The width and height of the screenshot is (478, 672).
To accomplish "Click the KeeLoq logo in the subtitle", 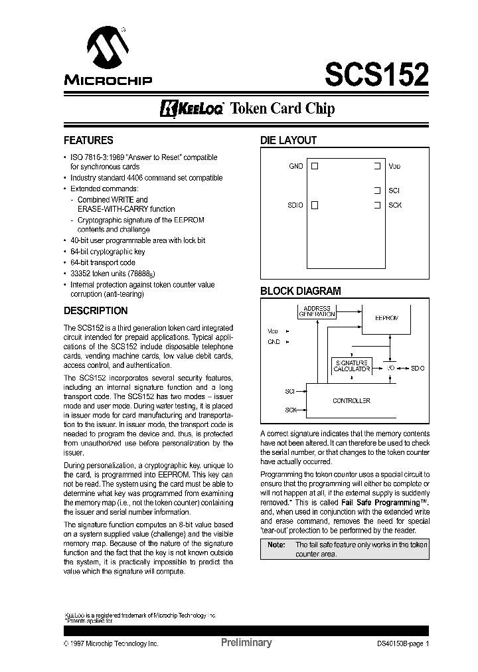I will [193, 108].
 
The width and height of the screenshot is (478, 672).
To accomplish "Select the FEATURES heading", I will [88, 141].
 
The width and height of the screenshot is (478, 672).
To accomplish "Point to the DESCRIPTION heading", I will [95, 311].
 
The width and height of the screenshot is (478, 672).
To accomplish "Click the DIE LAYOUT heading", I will [287, 141].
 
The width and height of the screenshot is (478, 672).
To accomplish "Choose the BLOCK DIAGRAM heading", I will [300, 291].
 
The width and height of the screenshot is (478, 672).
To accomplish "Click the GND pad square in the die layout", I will [315, 166].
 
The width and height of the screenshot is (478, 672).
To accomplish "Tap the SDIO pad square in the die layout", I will [315, 205].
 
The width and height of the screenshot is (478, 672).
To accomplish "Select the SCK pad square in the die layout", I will [377, 205].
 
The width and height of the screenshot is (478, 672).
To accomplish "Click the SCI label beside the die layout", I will [394, 191].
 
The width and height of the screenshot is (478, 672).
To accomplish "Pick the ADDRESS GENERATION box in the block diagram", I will [316, 312].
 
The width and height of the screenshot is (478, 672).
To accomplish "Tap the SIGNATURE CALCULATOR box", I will [351, 366].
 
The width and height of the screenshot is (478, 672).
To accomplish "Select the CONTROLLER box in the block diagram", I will [351, 400].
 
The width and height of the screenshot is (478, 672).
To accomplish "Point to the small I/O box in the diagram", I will [391, 367].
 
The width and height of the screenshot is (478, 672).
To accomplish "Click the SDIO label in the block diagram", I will [418, 367].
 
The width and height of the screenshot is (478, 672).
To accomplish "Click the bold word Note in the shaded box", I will [276, 545].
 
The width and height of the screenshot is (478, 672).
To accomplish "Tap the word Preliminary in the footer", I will [246, 643].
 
